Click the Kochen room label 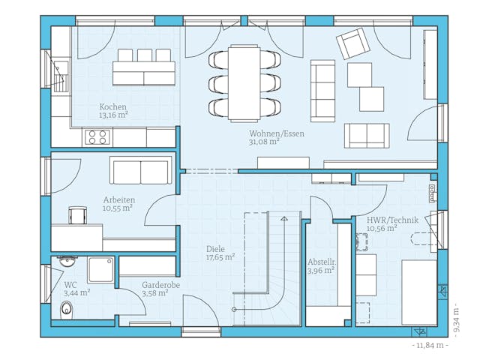[x=113, y=106]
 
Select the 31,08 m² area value [x=265, y=141]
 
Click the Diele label [x=216, y=248]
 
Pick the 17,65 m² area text [x=220, y=257]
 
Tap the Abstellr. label [x=321, y=262]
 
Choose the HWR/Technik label [x=392, y=220]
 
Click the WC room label [x=70, y=285]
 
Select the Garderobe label [x=160, y=285]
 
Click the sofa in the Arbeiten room [x=141, y=171]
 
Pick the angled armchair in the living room [x=352, y=43]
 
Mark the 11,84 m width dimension [x=430, y=345]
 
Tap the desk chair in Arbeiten [x=77, y=215]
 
